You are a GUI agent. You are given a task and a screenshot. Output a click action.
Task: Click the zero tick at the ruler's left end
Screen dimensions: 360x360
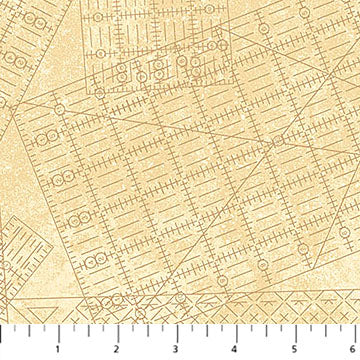click(2, 332)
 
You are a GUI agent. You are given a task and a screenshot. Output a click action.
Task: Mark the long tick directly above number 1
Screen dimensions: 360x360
click(59, 332)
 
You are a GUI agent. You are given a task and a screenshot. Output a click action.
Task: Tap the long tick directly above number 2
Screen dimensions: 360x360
click(117, 332)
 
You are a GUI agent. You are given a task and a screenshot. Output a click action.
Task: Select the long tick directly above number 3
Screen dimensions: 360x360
click(175, 332)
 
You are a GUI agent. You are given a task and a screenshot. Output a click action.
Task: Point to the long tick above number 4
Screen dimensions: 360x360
click(233, 332)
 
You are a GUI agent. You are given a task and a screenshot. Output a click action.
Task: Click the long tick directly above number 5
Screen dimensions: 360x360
click(291, 332)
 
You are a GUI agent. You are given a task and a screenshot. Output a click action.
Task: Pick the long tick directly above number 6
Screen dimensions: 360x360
click(349, 332)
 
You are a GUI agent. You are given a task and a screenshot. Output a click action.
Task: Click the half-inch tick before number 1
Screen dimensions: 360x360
click(30, 330)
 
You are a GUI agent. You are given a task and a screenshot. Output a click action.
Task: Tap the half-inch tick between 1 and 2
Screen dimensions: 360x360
click(88, 330)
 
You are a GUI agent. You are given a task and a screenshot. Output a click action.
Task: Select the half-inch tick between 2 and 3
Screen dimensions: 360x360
click(146, 330)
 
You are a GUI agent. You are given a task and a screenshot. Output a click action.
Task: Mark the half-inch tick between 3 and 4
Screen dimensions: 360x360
click(204, 330)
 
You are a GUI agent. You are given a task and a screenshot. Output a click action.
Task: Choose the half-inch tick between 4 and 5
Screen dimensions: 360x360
click(262, 330)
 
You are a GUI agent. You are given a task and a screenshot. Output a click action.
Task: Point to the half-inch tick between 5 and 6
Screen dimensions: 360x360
click(320, 330)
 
